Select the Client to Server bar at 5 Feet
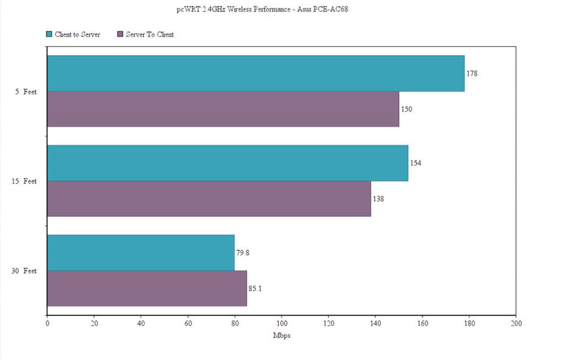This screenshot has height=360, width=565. [x=255, y=73]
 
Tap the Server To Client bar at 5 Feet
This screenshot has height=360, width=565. [x=223, y=109]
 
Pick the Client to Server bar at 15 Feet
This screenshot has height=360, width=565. [x=227, y=163]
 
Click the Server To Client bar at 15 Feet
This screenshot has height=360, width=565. [x=209, y=198]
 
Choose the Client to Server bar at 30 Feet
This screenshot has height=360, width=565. [x=141, y=252]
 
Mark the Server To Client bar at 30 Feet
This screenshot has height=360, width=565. [x=147, y=288]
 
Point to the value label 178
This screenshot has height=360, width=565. [x=471, y=73]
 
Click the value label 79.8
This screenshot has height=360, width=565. [x=243, y=252]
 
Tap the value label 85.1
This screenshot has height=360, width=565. [x=255, y=288]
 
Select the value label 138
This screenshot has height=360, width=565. [x=379, y=198]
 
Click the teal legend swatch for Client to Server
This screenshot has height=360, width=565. [x=49, y=34]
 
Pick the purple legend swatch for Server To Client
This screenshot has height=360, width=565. [x=120, y=34]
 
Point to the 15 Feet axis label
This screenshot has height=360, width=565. [x=24, y=181]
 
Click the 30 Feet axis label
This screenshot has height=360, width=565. [x=24, y=271]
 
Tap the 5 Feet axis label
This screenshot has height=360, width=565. [x=26, y=92]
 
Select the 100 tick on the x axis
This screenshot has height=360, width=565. [x=281, y=323]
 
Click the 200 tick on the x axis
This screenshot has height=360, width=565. [x=516, y=323]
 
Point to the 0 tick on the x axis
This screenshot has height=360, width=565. [x=47, y=323]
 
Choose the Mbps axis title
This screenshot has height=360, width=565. [x=281, y=336]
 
